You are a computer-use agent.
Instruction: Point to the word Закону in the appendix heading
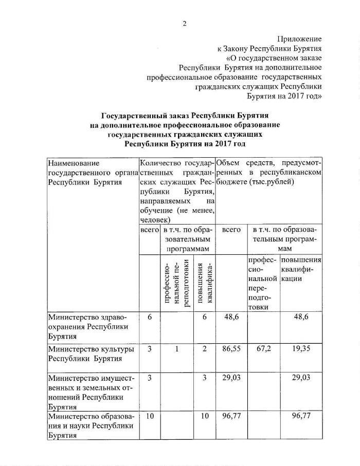(236, 49)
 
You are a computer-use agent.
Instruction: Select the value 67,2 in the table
(263, 349)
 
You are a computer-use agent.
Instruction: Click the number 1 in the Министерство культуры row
(176, 349)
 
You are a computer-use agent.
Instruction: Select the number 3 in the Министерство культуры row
(149, 349)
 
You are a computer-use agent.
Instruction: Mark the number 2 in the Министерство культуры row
(205, 349)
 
